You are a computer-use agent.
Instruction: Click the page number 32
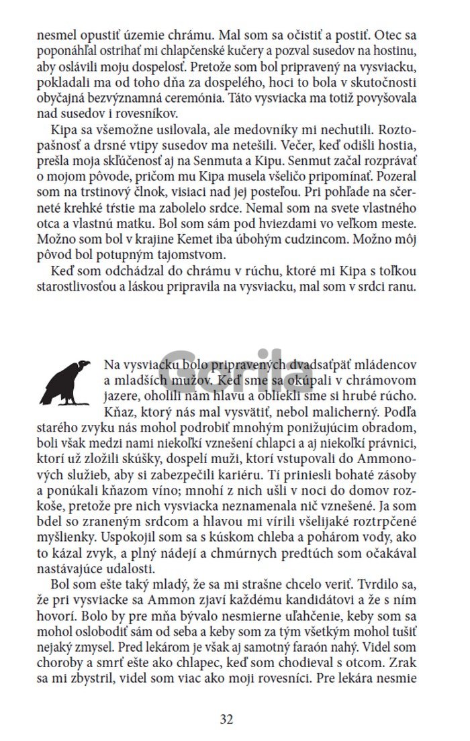click(x=226, y=719)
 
